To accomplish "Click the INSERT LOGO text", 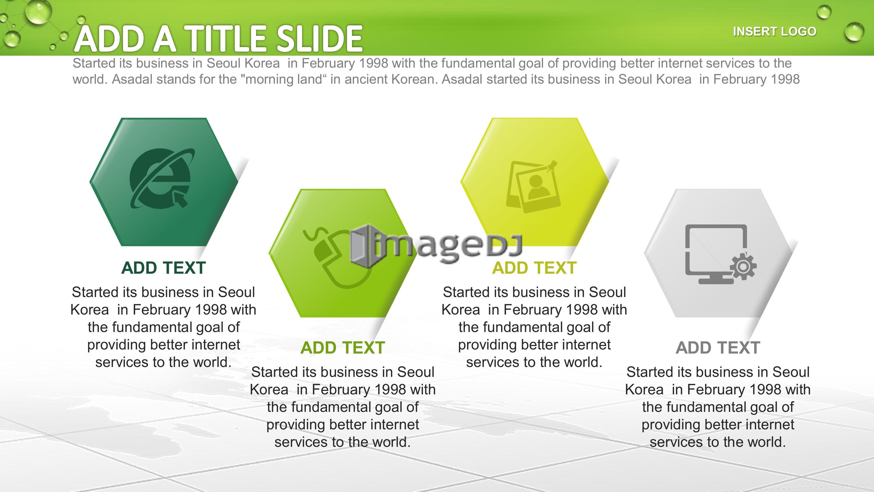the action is tap(775, 31).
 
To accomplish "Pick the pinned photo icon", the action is tap(533, 187).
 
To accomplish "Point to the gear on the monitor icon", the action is tap(743, 266).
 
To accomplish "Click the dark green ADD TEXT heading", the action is tap(163, 268).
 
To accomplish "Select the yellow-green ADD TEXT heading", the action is tap(534, 268).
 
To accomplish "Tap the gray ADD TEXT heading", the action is tap(718, 348).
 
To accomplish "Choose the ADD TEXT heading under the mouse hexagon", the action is tap(343, 348).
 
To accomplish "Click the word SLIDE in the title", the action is tap(320, 39).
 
